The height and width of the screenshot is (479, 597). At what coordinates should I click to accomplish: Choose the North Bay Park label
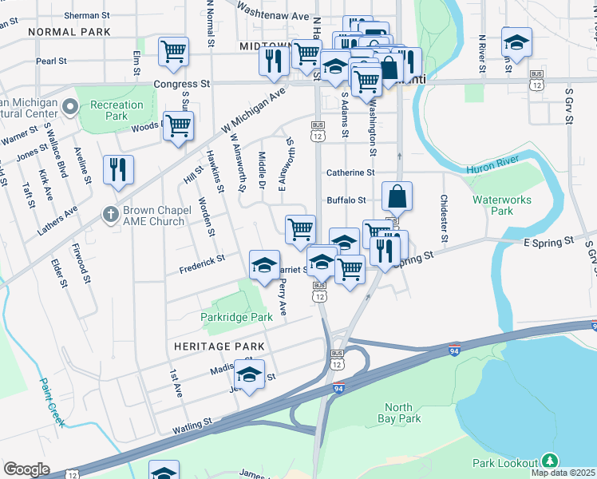(402, 412)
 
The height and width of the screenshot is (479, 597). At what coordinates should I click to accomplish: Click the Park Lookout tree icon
(549, 461)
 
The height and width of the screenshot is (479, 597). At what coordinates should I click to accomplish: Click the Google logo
(26, 469)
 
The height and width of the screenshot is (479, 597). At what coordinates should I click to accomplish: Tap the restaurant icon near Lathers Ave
(118, 170)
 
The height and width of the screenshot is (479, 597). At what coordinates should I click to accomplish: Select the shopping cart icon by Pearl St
(173, 53)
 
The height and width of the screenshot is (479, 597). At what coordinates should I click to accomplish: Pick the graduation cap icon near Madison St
(249, 374)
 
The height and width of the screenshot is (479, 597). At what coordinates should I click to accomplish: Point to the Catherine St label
(350, 172)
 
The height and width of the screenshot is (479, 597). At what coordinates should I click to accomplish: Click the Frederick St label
(202, 258)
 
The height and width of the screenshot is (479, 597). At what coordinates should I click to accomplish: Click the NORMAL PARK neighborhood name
(69, 32)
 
